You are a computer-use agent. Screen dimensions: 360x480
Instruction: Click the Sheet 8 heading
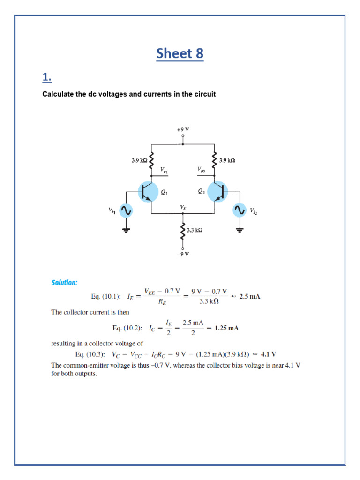[180, 53]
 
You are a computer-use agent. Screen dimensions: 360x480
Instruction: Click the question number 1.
[46, 77]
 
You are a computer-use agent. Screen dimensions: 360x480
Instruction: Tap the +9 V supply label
[183, 128]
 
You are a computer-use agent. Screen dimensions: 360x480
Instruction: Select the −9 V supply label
[183, 254]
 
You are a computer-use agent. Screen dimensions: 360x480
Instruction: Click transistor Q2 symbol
[217, 192]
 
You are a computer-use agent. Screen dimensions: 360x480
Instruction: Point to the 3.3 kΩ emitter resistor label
[195, 230]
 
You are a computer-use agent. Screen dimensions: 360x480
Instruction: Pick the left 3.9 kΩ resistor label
[139, 160]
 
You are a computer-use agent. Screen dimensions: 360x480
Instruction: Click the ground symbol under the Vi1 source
[126, 230]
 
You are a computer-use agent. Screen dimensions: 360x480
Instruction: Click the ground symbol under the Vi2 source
[240, 230]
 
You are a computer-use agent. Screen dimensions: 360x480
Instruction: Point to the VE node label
[183, 207]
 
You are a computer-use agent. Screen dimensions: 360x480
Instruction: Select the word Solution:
[64, 282]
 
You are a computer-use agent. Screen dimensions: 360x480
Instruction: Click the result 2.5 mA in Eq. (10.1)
[249, 297]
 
